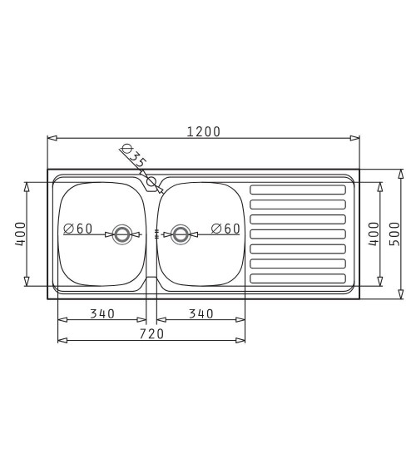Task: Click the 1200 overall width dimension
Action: tap(203, 131)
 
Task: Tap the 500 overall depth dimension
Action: tap(394, 234)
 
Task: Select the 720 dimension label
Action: tap(151, 334)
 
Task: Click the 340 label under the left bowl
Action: tap(102, 313)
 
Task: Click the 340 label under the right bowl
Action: tap(201, 313)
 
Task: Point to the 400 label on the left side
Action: tap(21, 234)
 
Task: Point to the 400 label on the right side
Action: tap(374, 234)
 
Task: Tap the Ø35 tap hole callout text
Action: tap(134, 155)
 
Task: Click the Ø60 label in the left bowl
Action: tap(78, 229)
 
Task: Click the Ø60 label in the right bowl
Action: tap(225, 229)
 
